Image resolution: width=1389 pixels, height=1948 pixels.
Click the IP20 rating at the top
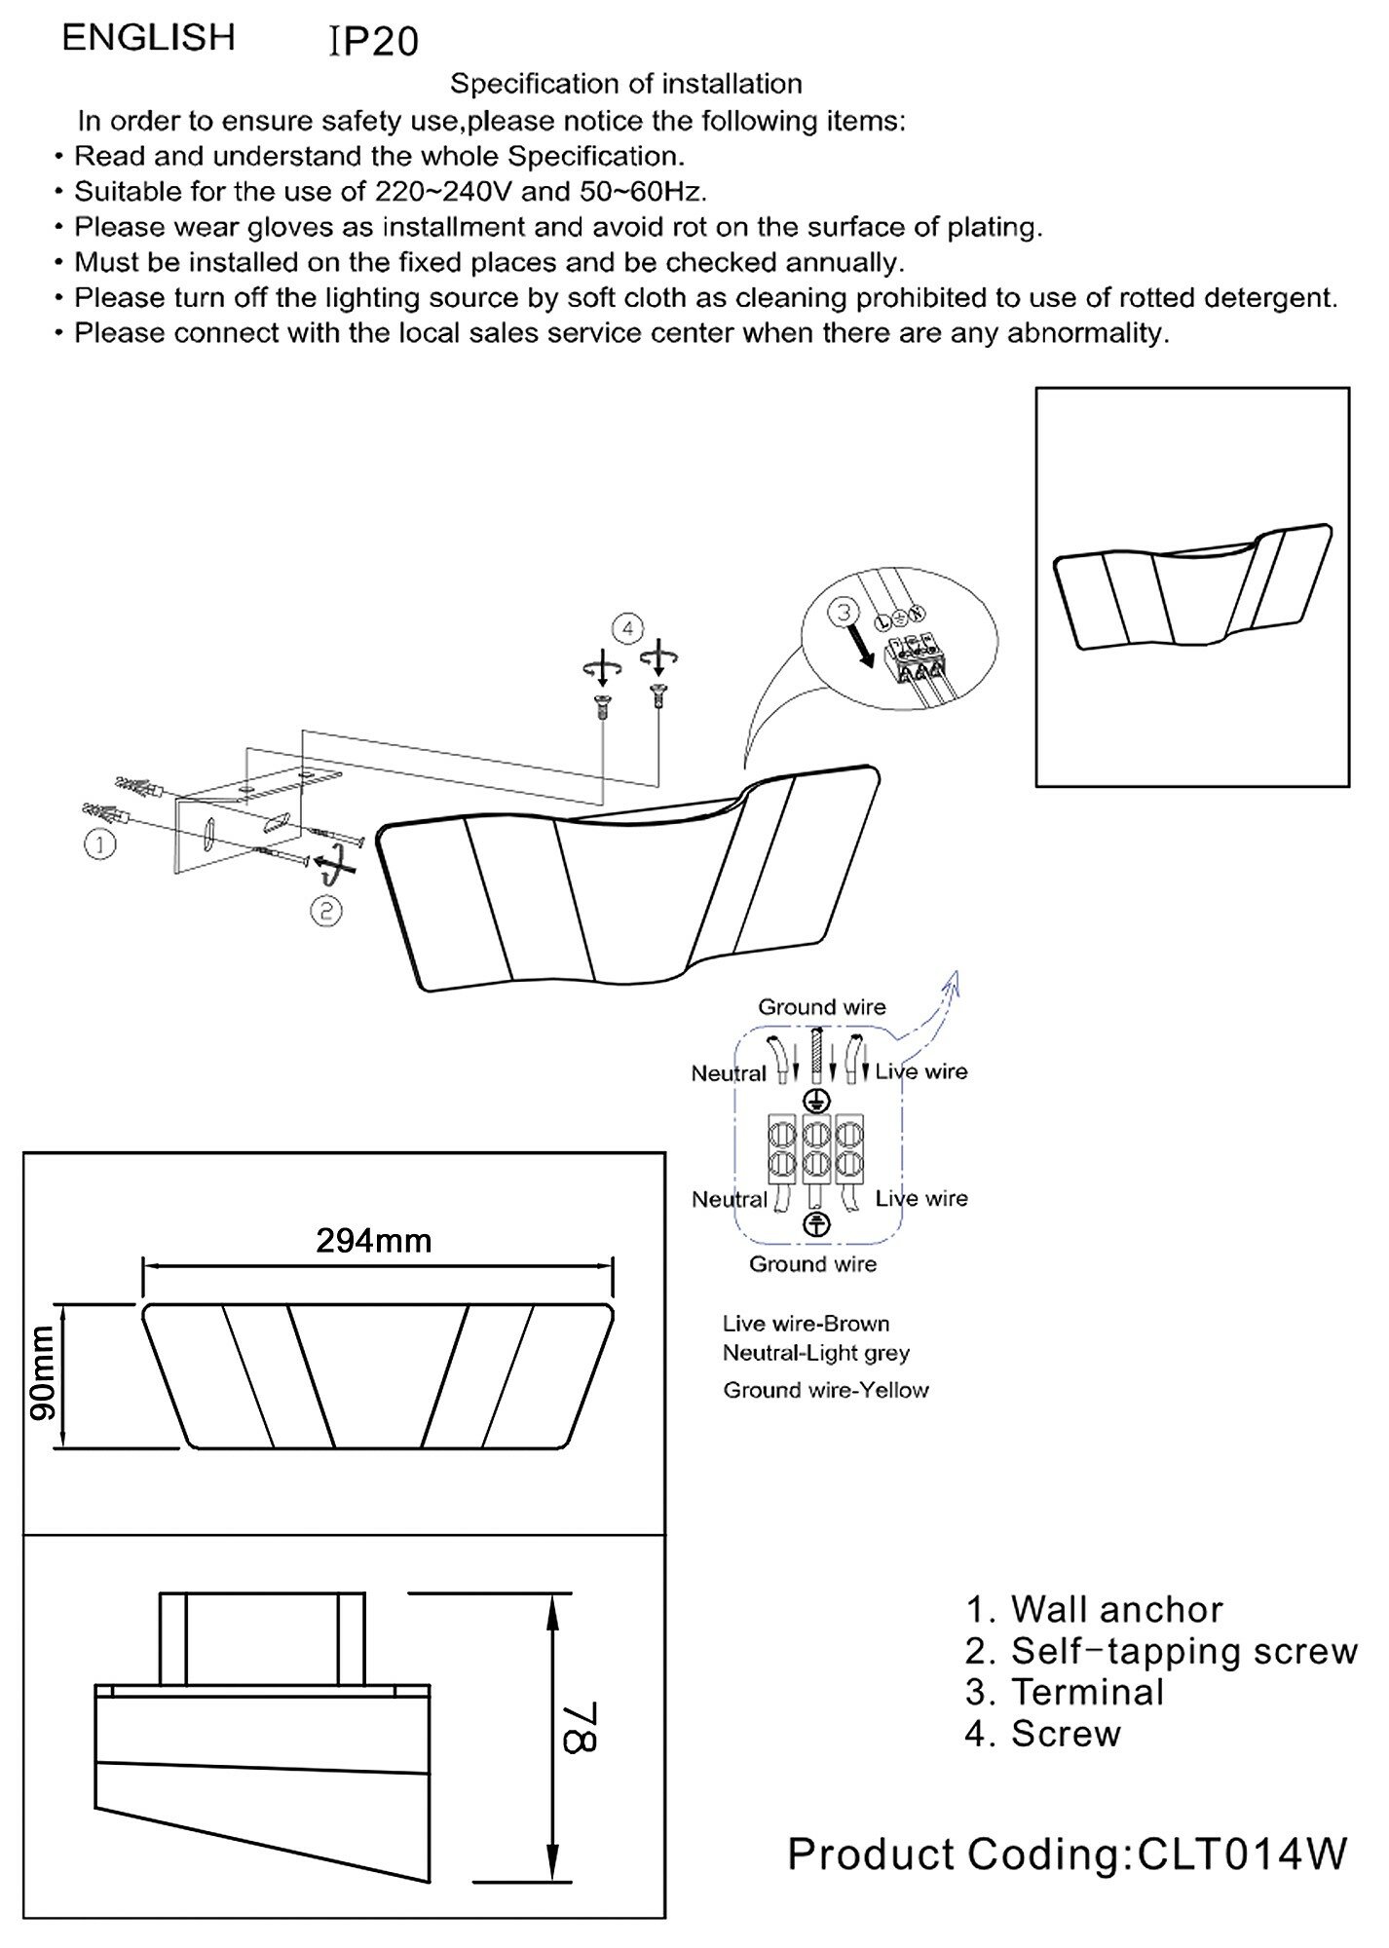[375, 42]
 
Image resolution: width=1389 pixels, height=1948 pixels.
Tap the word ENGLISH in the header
[149, 38]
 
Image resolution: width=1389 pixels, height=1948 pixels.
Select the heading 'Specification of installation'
[625, 85]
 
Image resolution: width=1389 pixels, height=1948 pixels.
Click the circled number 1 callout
[100, 843]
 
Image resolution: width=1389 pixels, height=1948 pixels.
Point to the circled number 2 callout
[326, 911]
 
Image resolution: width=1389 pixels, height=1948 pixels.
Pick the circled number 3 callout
[845, 613]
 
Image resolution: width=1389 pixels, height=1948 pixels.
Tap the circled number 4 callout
[627, 628]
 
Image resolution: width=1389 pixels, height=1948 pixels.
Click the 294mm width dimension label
[374, 1240]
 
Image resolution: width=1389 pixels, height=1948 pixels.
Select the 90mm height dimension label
[42, 1373]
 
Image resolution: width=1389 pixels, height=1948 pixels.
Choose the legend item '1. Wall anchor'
[1094, 1609]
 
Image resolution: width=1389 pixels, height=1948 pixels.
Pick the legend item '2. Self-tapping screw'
[1161, 1651]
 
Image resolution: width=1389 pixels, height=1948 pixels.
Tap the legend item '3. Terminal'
[1065, 1692]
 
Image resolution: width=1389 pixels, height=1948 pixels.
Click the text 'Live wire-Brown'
[806, 1324]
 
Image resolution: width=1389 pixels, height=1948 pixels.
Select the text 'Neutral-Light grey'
[815, 1353]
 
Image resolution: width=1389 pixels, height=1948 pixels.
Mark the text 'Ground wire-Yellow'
[825, 1390]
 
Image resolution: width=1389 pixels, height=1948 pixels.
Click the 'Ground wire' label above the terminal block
[822, 1007]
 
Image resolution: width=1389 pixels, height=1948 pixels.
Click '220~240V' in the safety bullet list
[444, 192]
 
